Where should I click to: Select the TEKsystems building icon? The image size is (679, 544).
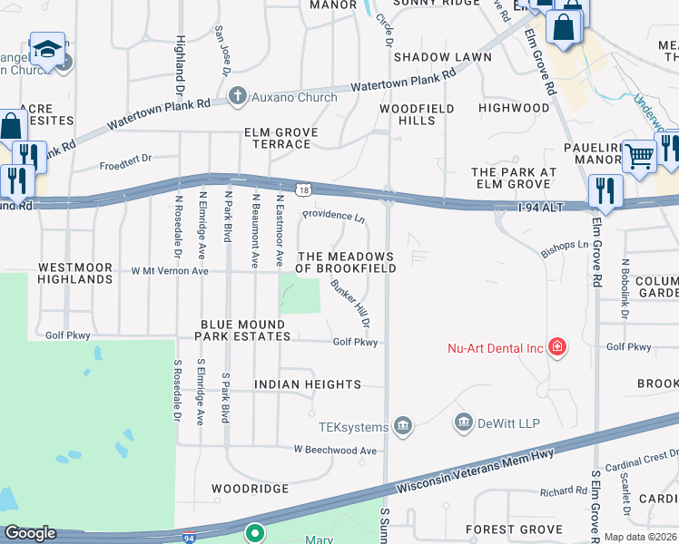tap(403, 426)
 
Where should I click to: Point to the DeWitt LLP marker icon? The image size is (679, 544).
tap(464, 423)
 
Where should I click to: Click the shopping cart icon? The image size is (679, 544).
tap(640, 157)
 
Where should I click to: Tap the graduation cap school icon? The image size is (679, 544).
tap(47, 50)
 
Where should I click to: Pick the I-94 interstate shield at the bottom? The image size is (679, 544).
tap(189, 537)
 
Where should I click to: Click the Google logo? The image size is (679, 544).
tap(30, 533)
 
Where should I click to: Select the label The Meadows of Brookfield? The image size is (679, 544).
tap(346, 263)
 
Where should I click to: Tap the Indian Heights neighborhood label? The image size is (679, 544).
tap(308, 385)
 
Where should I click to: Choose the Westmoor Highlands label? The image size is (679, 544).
tap(75, 274)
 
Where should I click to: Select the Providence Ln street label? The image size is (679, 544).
tap(333, 217)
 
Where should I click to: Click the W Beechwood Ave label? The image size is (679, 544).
tap(334, 450)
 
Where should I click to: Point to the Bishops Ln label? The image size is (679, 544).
tap(565, 245)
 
